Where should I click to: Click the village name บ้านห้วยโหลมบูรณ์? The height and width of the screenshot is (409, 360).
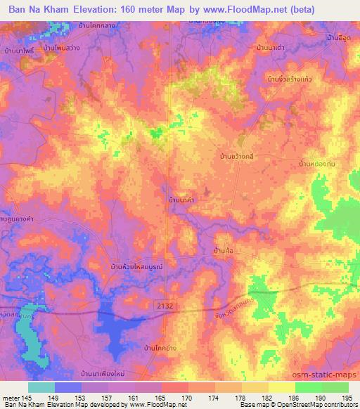(x=136, y=267)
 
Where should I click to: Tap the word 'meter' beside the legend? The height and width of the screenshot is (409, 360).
(x=11, y=397)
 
